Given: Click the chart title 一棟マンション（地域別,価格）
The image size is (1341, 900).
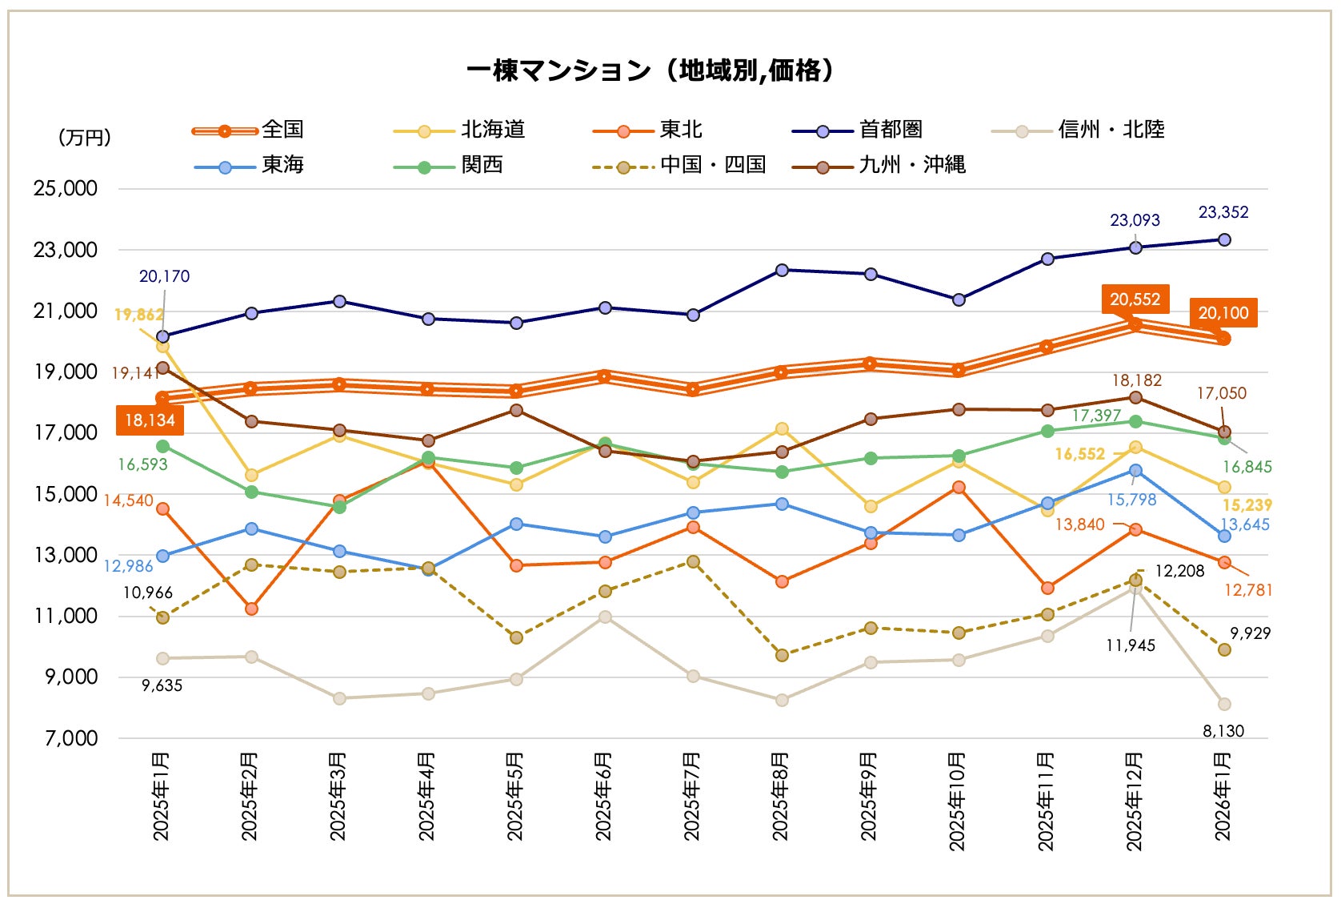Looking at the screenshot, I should [x=650, y=70].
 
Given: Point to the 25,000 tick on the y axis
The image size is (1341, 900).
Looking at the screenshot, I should [x=66, y=189].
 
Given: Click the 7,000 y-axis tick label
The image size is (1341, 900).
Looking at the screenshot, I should [x=71, y=738].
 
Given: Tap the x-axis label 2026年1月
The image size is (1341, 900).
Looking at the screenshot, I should [x=1223, y=796].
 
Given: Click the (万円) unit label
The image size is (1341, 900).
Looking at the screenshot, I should [x=84, y=138].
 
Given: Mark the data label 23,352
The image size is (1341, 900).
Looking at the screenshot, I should [x=1223, y=212].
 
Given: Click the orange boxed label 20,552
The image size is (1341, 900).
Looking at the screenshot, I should [x=1135, y=299].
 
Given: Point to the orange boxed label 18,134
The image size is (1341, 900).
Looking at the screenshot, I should [x=150, y=420].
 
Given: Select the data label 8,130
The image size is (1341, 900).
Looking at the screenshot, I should [x=1223, y=731].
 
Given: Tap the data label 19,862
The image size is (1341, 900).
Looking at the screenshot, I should [x=138, y=315].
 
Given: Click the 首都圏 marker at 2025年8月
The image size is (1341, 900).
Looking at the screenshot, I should [x=782, y=270].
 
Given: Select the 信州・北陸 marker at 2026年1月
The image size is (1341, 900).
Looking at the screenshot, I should [x=1224, y=704].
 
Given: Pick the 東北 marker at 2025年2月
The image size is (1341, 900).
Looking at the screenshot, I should [x=251, y=609].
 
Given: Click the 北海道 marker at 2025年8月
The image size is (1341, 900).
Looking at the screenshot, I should [x=782, y=429].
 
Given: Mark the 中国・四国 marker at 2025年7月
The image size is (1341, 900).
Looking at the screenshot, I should [x=693, y=562].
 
